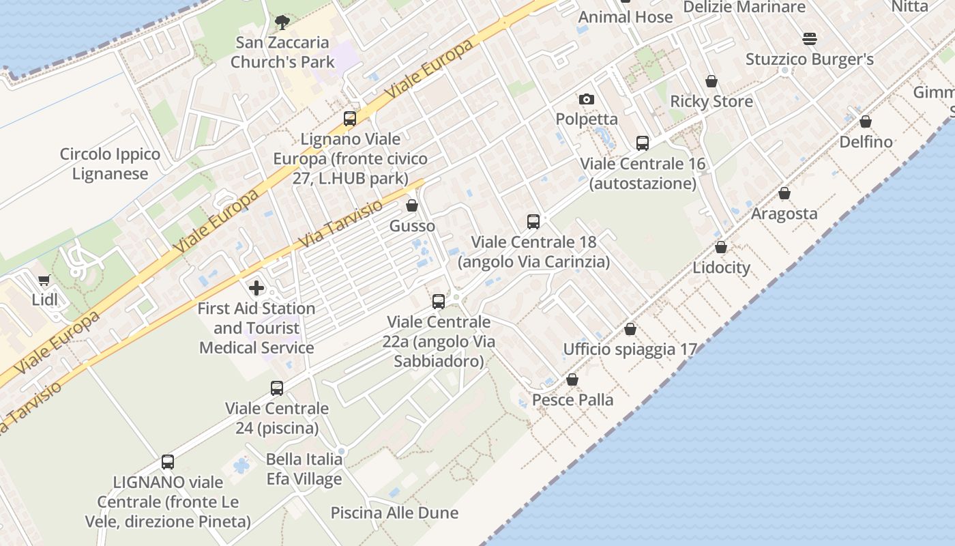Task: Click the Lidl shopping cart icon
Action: pyautogui.click(x=44, y=280)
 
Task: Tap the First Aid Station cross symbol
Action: pyautogui.click(x=256, y=288)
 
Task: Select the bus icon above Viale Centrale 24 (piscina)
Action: pyautogui.click(x=277, y=388)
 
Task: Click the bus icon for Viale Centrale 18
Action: pyautogui.click(x=533, y=222)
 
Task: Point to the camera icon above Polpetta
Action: pyautogui.click(x=587, y=100)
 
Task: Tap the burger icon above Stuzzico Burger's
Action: pyautogui.click(x=810, y=39)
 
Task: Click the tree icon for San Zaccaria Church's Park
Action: pyautogui.click(x=282, y=23)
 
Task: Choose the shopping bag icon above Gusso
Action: pyautogui.click(x=412, y=205)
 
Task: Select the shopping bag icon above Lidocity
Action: pyautogui.click(x=721, y=247)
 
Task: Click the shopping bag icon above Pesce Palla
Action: pyautogui.click(x=572, y=379)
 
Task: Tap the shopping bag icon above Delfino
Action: pyautogui.click(x=866, y=121)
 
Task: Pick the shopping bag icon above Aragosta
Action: pyautogui.click(x=784, y=194)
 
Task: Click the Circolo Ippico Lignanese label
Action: pyautogui.click(x=110, y=164)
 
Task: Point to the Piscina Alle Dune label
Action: pyautogui.click(x=394, y=513)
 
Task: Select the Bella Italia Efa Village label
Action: pyautogui.click(x=304, y=469)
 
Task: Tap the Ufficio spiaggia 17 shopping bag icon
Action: pyautogui.click(x=630, y=330)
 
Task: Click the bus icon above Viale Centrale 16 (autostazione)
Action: pyautogui.click(x=643, y=143)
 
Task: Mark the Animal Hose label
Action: pyautogui.click(x=626, y=17)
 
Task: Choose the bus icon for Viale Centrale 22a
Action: pyautogui.click(x=439, y=301)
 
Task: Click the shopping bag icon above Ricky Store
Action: pyautogui.click(x=711, y=82)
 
